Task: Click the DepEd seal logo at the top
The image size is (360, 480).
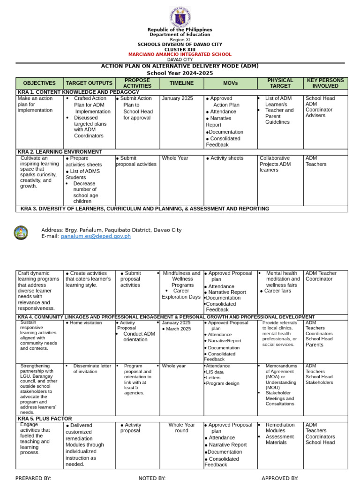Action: coord(180,17)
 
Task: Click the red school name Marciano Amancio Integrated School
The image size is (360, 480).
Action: coord(180,54)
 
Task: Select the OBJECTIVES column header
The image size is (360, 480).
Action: coord(39,83)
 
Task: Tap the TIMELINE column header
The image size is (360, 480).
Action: coord(181,83)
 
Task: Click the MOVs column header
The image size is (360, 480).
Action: coord(230,83)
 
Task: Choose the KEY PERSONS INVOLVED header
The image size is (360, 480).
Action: coord(325,83)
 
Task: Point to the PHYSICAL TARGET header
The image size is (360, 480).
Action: coord(280,83)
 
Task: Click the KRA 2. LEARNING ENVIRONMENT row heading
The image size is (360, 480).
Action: coord(60,152)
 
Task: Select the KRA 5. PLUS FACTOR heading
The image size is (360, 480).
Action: coord(45,419)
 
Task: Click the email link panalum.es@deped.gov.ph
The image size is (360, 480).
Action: coord(96,236)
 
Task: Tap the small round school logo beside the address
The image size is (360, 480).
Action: coord(21,232)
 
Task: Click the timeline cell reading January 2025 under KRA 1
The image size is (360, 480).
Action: coord(177,98)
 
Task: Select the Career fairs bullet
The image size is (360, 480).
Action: coord(277,291)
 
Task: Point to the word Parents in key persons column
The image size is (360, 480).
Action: coord(315,345)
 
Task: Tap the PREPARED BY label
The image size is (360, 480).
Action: coord(33,478)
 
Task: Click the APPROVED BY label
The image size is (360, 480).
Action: coord(280,478)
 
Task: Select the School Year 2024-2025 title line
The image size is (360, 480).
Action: coord(180,73)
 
